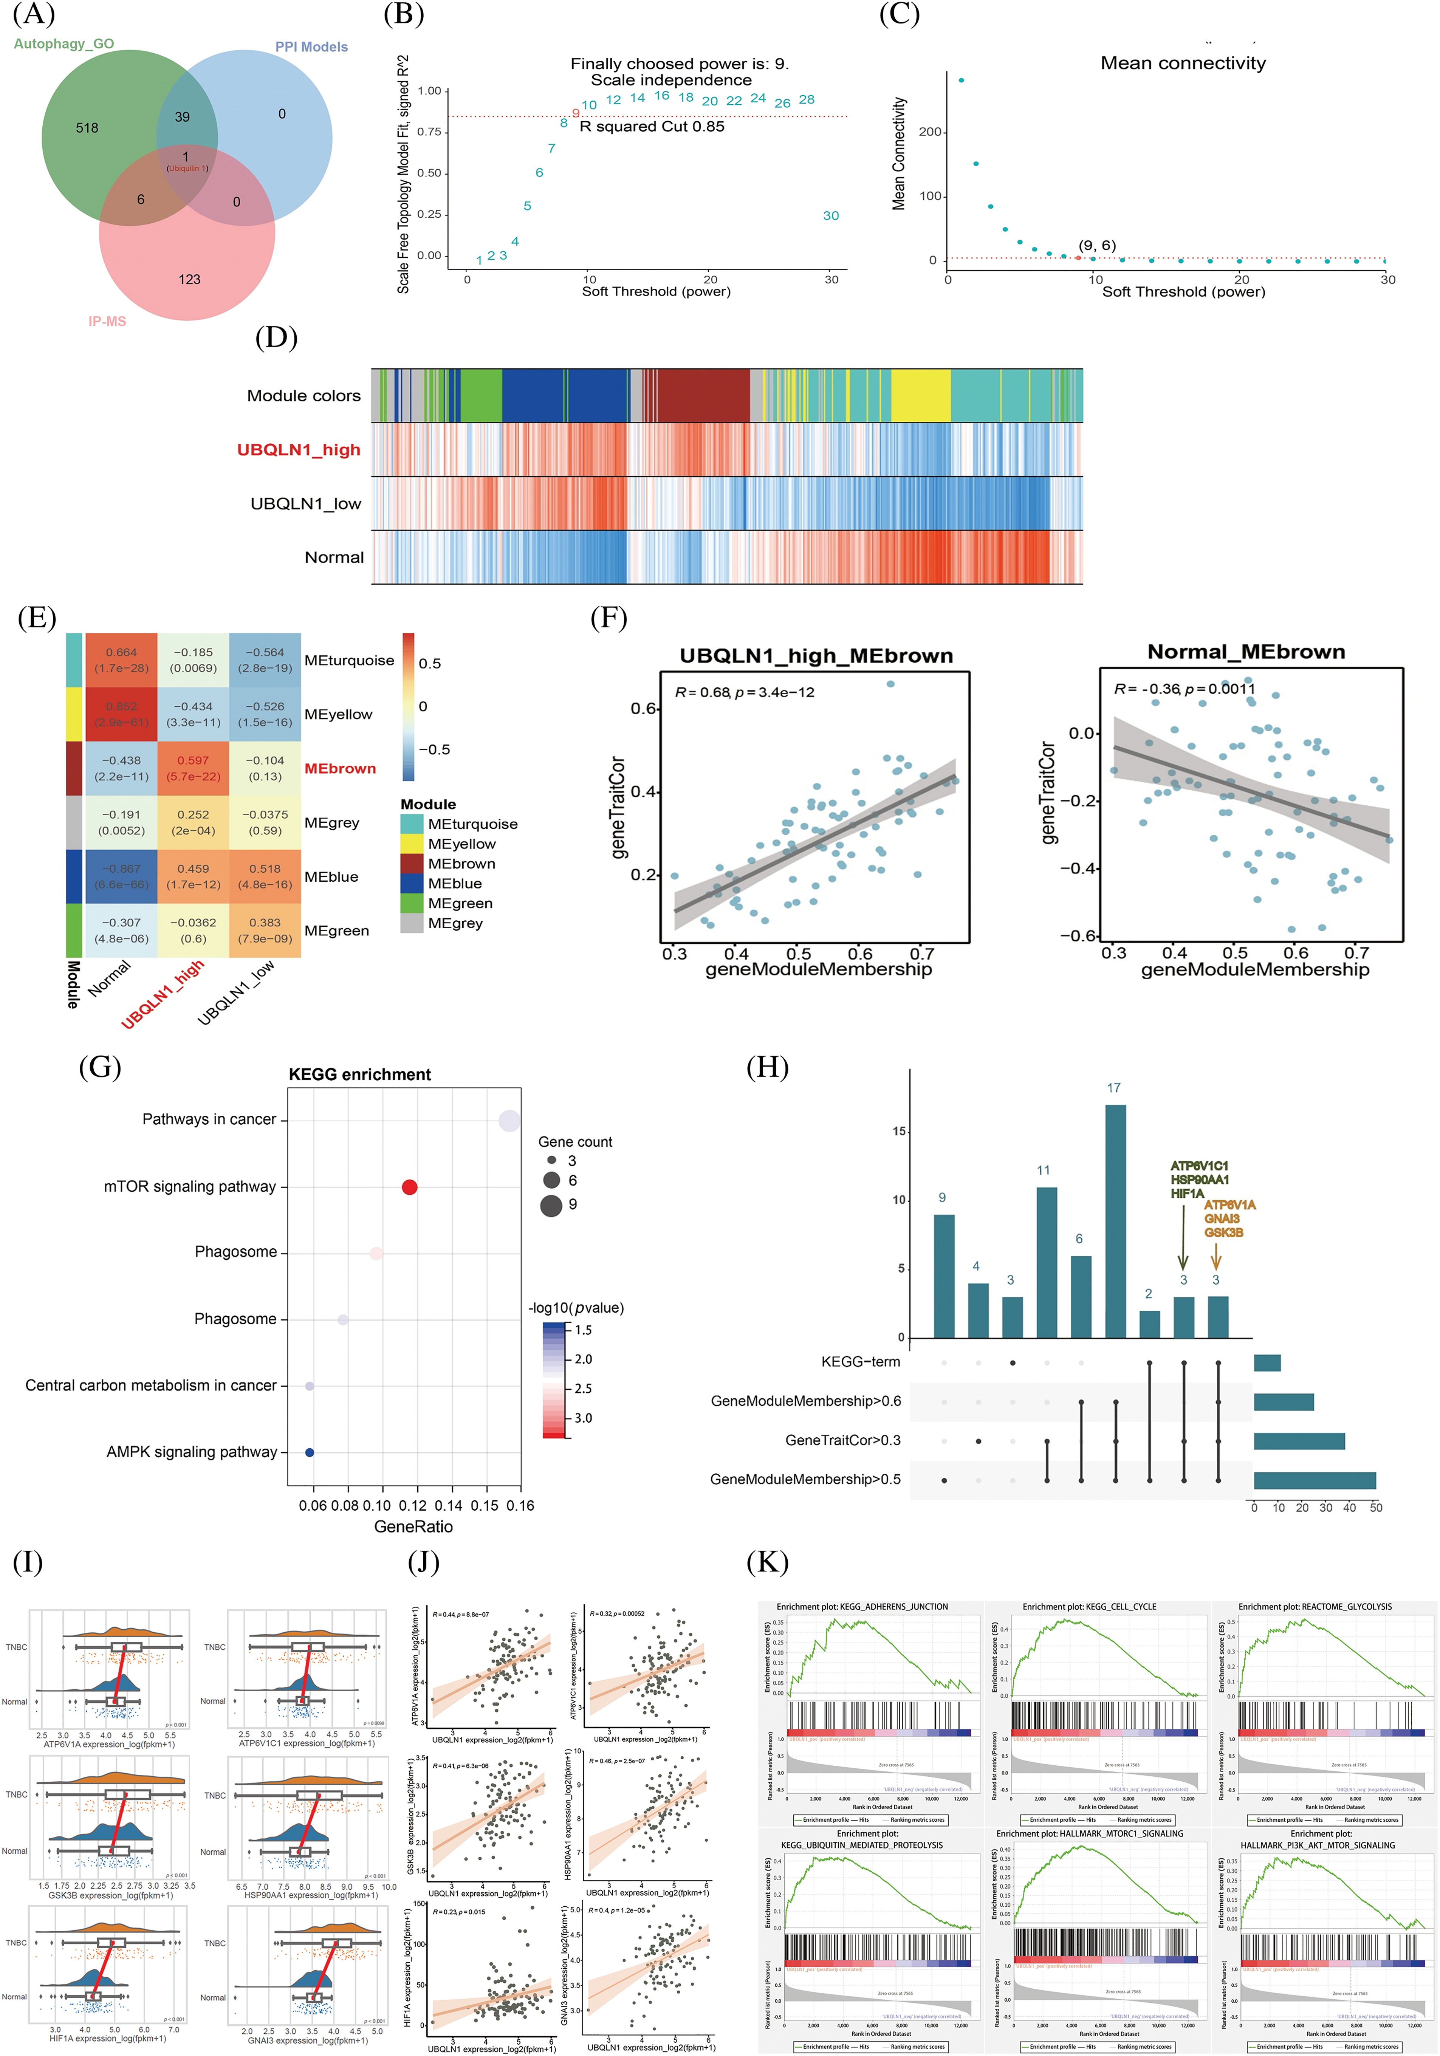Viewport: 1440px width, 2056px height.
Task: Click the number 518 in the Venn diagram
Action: click(x=87, y=128)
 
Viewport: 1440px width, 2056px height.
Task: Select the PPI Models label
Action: click(x=311, y=46)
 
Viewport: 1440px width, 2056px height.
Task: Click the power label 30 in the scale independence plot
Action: click(x=831, y=216)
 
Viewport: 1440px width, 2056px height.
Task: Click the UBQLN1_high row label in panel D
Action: click(x=298, y=449)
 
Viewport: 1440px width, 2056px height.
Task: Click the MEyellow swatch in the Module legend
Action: click(x=412, y=844)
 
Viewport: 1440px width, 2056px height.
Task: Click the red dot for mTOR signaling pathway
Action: click(x=409, y=1187)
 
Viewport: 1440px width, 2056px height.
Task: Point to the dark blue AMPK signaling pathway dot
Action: click(x=309, y=1452)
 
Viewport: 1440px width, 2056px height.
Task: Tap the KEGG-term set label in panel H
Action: click(x=861, y=1362)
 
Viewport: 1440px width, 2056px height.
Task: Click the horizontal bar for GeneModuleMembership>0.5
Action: click(x=1314, y=1480)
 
